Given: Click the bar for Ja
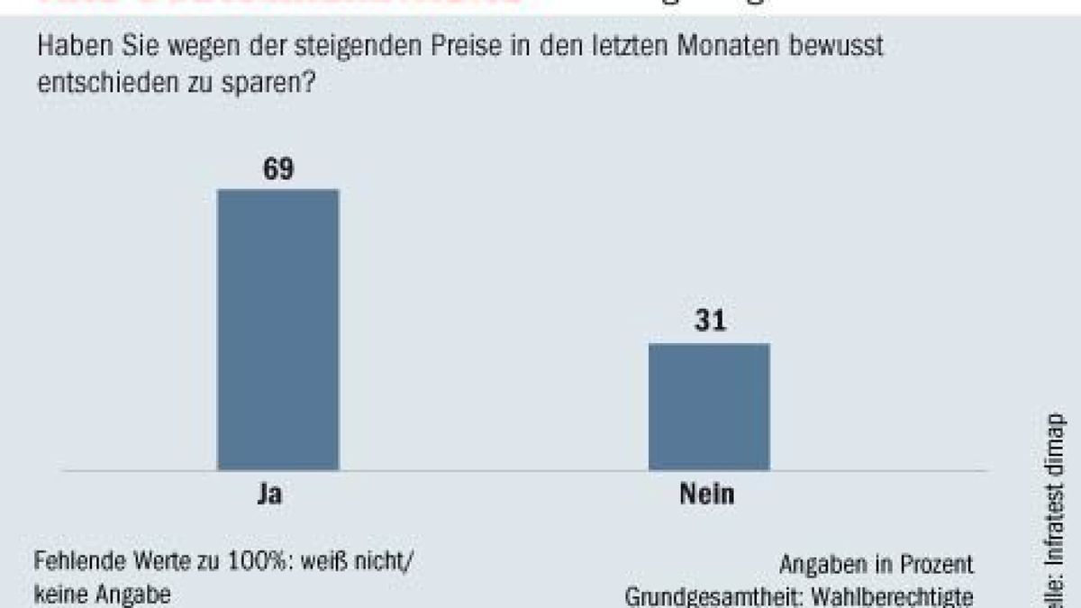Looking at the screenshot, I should [x=278, y=329].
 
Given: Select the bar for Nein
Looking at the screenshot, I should [x=709, y=406].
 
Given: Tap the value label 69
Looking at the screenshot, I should [x=278, y=168].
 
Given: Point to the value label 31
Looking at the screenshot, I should [x=709, y=322].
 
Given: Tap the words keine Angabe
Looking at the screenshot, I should [x=101, y=594].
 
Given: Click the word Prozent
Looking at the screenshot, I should [x=937, y=565].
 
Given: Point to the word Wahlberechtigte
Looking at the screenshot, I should [x=905, y=597].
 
